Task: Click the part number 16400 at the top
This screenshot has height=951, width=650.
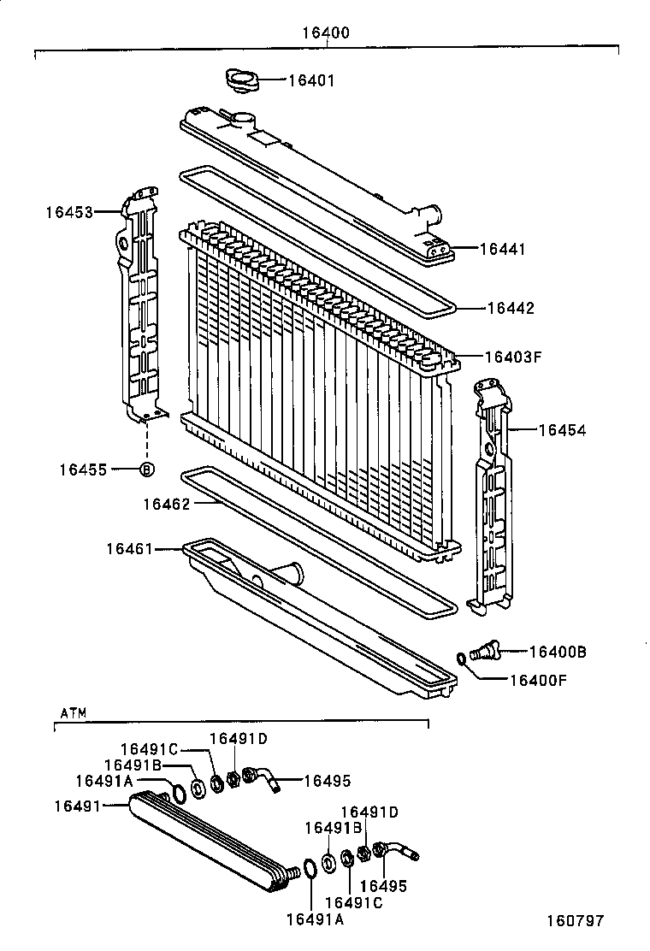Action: (325, 33)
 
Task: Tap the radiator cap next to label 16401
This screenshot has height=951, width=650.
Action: (242, 81)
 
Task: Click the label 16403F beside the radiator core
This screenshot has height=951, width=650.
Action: (513, 357)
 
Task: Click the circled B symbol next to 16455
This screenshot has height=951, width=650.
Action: (146, 469)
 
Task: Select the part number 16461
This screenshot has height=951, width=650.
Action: (130, 547)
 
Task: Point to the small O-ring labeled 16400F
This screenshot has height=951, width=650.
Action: (462, 659)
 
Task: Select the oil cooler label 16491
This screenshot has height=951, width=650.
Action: (77, 806)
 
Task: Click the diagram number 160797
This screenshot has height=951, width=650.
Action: (576, 921)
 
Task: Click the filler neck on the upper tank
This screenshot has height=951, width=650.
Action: (243, 121)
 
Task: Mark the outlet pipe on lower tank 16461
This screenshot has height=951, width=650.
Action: (288, 571)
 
